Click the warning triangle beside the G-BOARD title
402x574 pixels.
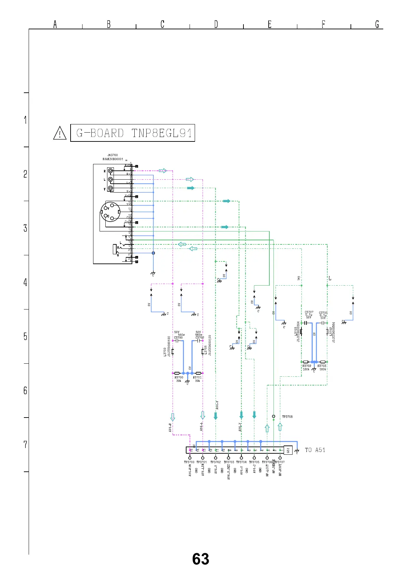pos(60,133)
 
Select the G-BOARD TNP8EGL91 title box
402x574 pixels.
pos(132,133)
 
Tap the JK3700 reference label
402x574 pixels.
pos(113,155)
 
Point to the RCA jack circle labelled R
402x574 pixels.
pos(110,171)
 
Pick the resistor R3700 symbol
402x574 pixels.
pos(177,373)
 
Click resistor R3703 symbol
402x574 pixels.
pos(323,362)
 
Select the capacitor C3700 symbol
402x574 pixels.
pos(177,341)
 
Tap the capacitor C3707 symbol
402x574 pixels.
pos(306,323)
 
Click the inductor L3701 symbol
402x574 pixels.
pos(203,351)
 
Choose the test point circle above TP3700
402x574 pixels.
pos(190,458)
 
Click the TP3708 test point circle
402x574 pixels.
pos(273,416)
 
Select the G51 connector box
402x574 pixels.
pos(288,450)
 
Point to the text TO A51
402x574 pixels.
pos(315,450)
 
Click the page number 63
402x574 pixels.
pos(200,559)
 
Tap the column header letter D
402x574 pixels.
pos(216,24)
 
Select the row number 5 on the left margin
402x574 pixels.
pos(25,336)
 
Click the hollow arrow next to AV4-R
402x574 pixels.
pos(173,417)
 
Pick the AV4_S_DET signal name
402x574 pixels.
pos(229,472)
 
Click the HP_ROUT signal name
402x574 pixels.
pos(280,470)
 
